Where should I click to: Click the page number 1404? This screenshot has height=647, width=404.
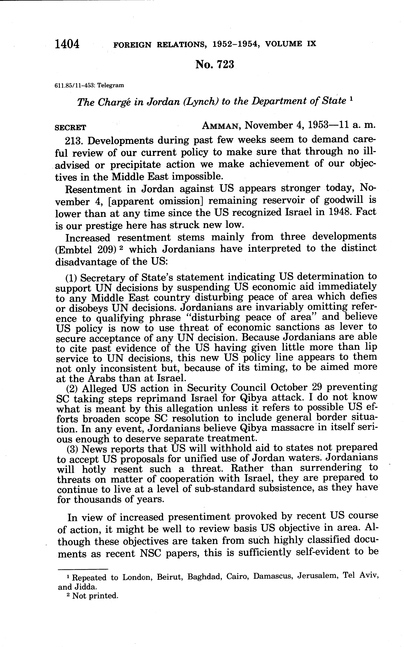coord(67,44)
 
